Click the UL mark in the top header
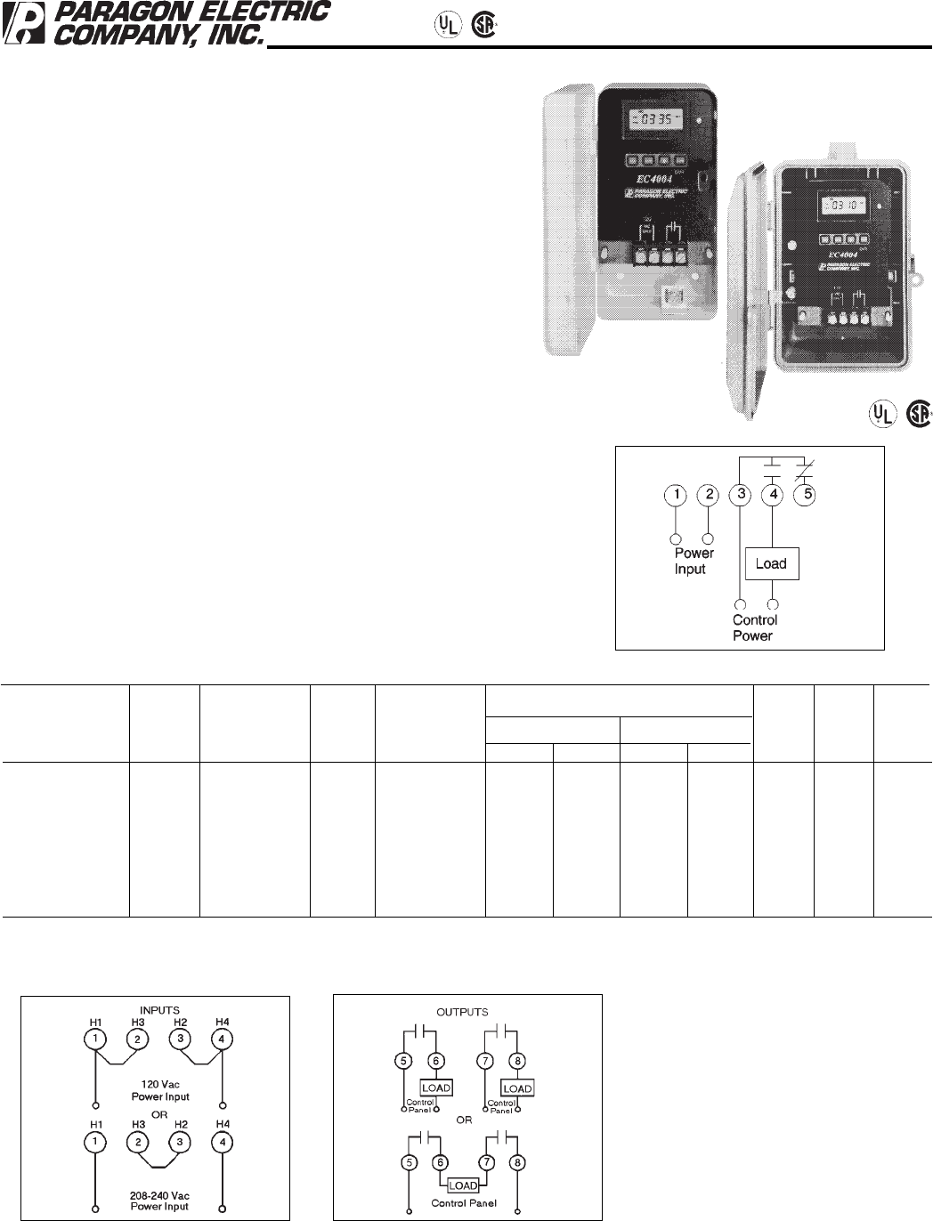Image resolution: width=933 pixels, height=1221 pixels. (x=448, y=25)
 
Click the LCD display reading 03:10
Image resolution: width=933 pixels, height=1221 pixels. (x=840, y=206)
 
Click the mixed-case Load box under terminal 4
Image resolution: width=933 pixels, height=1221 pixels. (x=771, y=563)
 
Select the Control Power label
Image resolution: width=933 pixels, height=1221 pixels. (x=754, y=627)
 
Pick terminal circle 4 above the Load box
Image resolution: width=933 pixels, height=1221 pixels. (x=773, y=494)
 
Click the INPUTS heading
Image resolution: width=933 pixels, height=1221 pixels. (x=159, y=1010)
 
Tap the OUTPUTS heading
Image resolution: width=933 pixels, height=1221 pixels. (x=462, y=1012)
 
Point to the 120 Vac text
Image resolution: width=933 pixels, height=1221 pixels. (x=160, y=1085)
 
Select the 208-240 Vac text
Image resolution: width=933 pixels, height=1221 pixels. (x=160, y=1195)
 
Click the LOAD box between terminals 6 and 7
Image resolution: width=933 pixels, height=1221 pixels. (x=463, y=1185)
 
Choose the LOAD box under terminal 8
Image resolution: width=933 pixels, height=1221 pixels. (x=517, y=1088)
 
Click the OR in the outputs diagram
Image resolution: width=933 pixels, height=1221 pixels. (x=464, y=1120)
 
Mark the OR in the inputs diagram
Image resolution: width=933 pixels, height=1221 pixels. (x=159, y=1114)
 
